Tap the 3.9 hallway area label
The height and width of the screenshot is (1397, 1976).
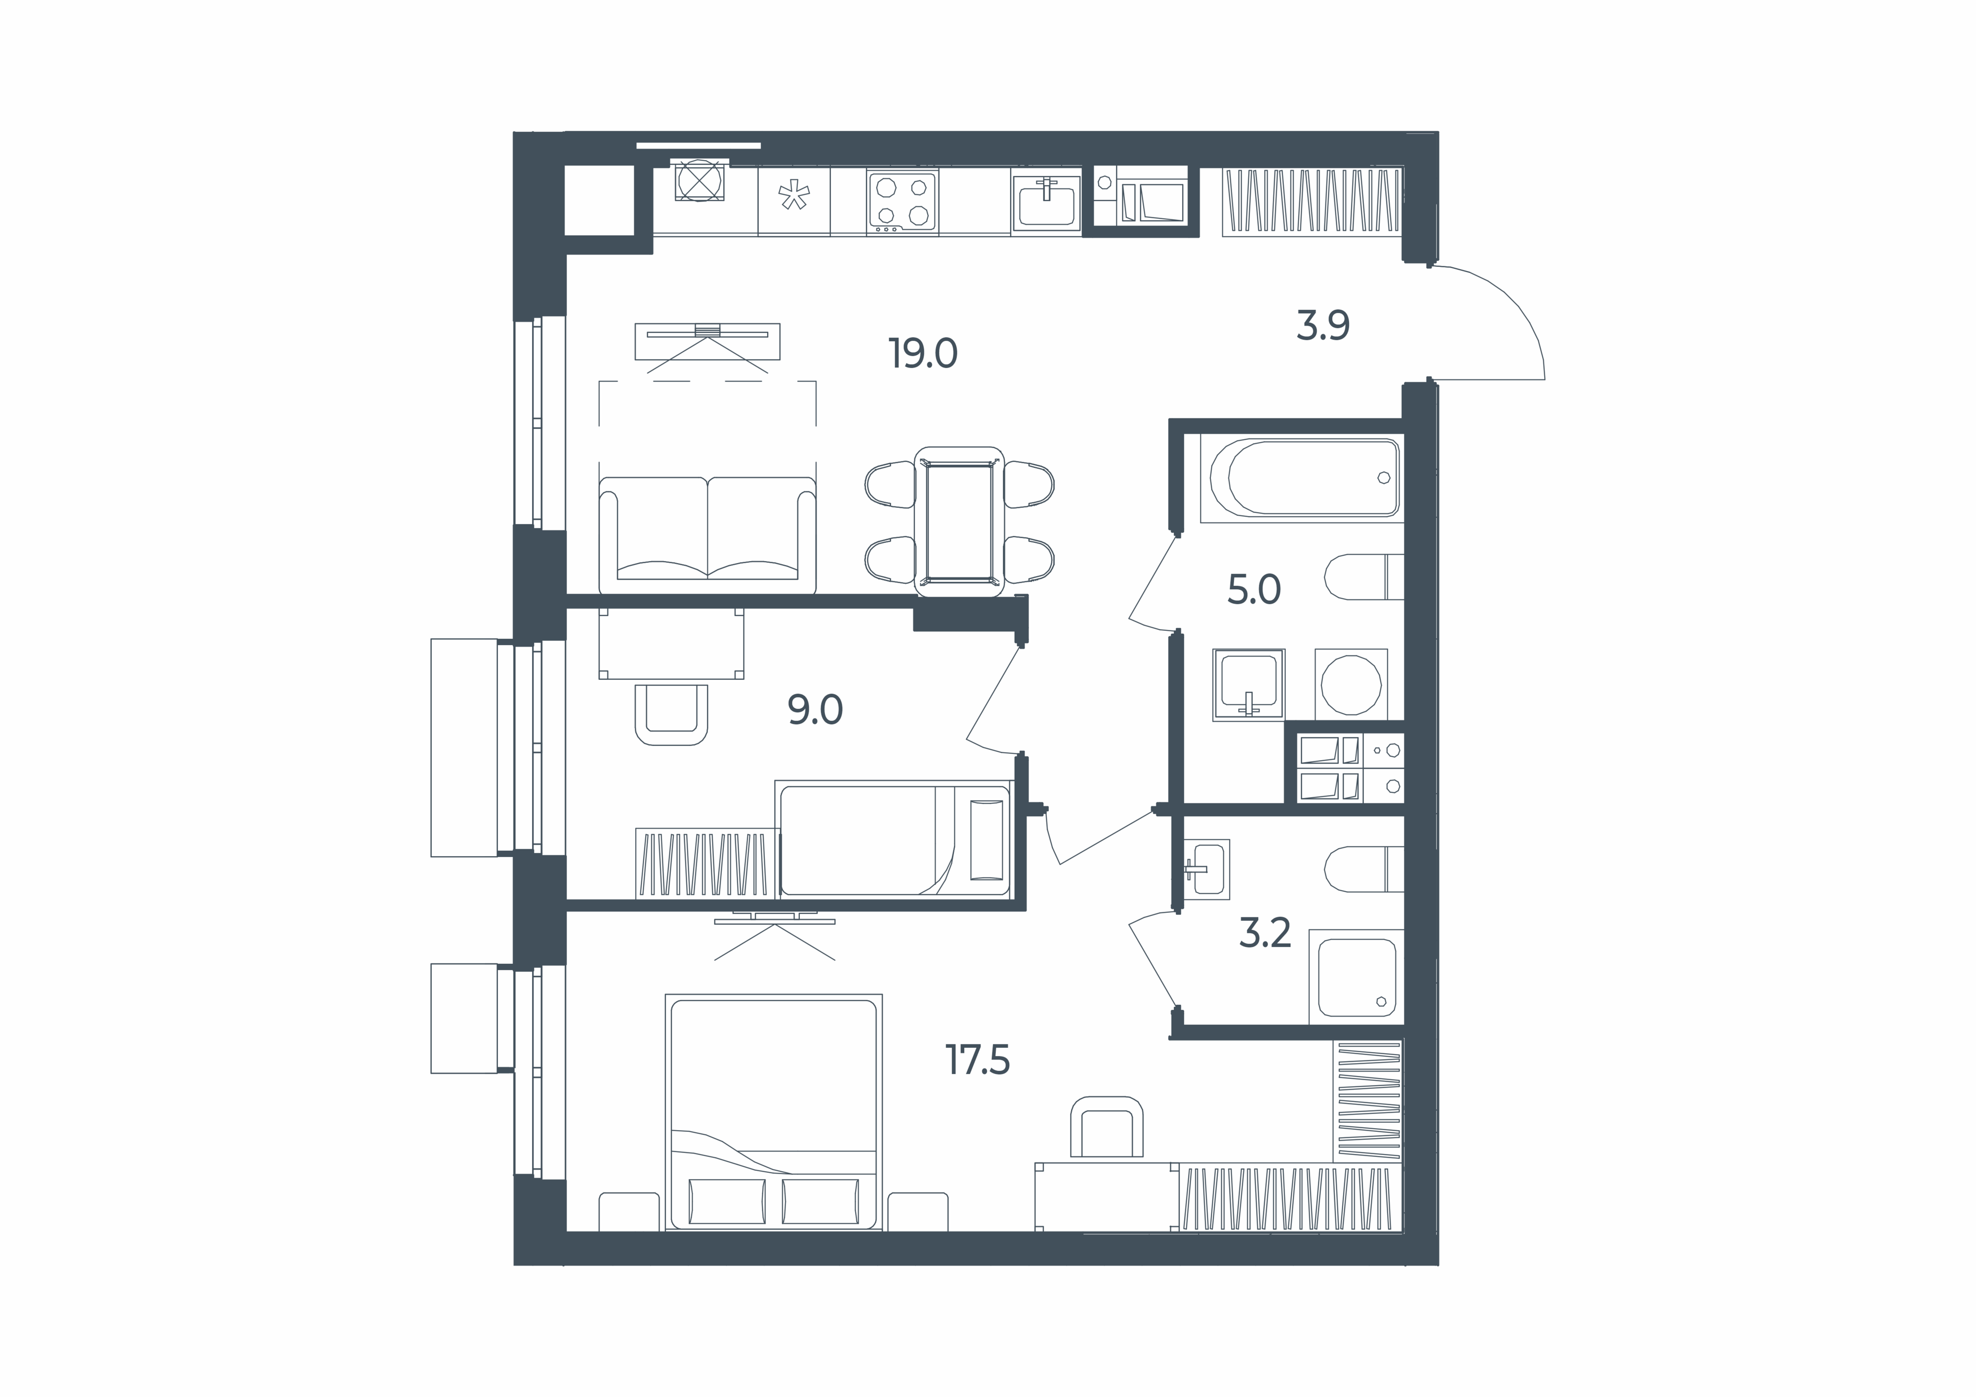pyautogui.click(x=1323, y=326)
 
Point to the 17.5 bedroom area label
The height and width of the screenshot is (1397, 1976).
pyautogui.click(x=978, y=1060)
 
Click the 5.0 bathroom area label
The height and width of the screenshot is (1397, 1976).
pyautogui.click(x=1254, y=590)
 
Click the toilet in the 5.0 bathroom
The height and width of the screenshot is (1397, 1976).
pyautogui.click(x=1364, y=576)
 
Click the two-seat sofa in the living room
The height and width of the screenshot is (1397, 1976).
pyautogui.click(x=707, y=535)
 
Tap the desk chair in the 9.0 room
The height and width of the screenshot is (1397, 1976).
pyautogui.click(x=671, y=714)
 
